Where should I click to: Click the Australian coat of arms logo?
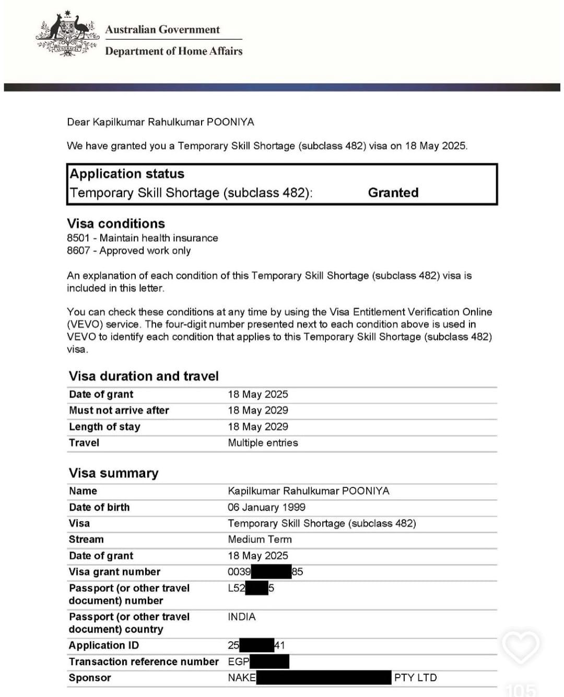(x=67, y=34)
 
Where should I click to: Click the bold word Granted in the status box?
(x=393, y=193)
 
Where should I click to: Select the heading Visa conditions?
(x=116, y=223)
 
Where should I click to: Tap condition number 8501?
(x=78, y=238)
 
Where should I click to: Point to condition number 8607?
(x=78, y=250)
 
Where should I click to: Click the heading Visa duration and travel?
(x=144, y=376)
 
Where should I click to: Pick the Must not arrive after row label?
(x=119, y=411)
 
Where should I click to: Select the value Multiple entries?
(x=263, y=443)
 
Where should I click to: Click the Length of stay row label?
(x=104, y=427)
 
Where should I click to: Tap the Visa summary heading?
(x=113, y=473)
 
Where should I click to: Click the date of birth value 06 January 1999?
(x=266, y=507)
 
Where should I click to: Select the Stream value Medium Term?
(x=260, y=539)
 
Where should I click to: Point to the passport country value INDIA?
(x=242, y=617)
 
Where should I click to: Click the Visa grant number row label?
(x=114, y=572)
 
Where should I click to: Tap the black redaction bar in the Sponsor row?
(x=324, y=678)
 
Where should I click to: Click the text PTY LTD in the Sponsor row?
(x=415, y=678)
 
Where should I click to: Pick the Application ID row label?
(x=104, y=645)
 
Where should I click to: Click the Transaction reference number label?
(x=144, y=662)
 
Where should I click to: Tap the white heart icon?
(x=520, y=647)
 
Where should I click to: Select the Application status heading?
(x=127, y=174)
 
